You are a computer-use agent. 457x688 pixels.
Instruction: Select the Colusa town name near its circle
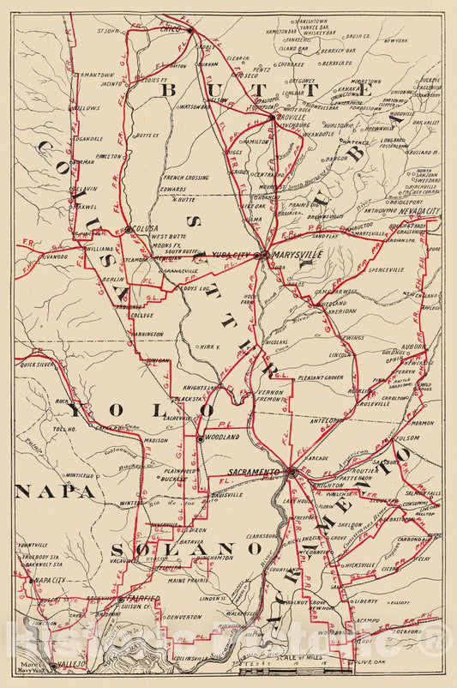pos(146,229)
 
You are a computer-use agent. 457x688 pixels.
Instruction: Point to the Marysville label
pos(298,256)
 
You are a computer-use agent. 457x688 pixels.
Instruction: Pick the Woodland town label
pos(222,438)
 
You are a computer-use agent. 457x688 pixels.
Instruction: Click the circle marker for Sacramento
pos(292,471)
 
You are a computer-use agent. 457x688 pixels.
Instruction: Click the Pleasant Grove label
pos(322,377)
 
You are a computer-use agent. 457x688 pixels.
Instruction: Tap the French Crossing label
pos(184,178)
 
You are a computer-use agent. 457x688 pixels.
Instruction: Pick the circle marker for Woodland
pos(200,438)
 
